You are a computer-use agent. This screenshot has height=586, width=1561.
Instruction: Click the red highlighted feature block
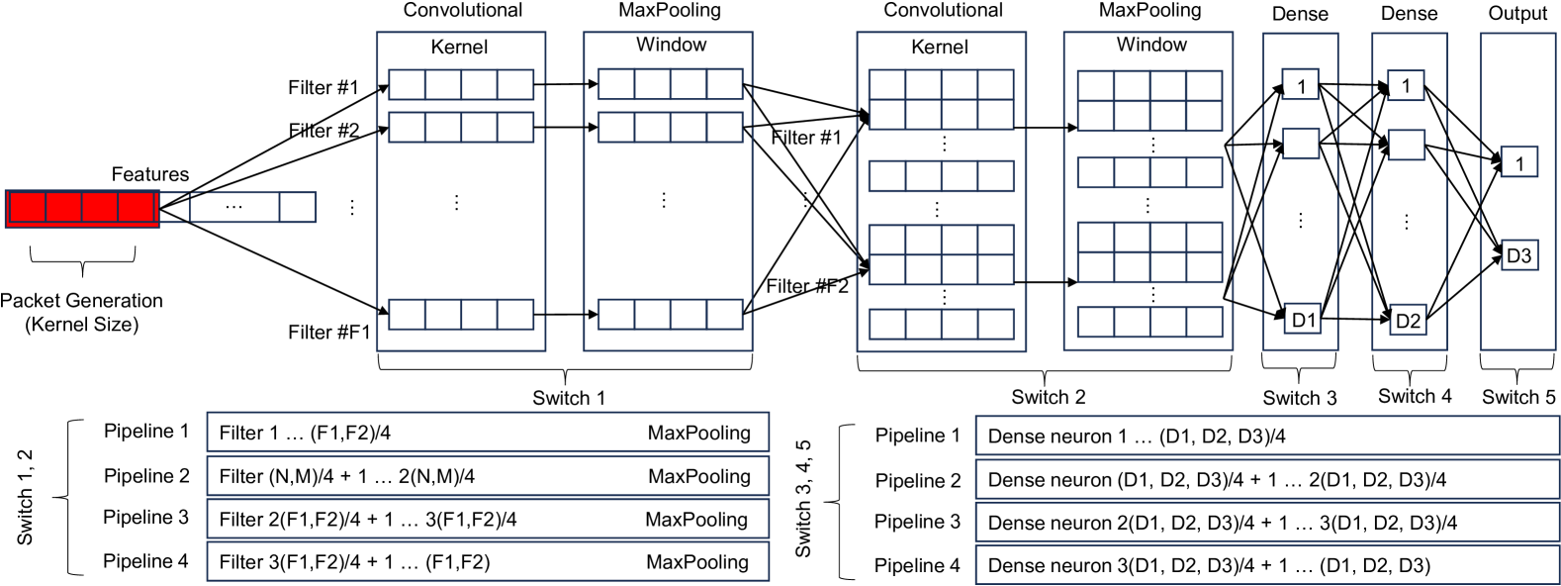[x=82, y=209]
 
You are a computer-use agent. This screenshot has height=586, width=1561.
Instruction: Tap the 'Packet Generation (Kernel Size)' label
[x=81, y=313]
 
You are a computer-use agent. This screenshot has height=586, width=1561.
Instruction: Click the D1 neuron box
[x=1302, y=320]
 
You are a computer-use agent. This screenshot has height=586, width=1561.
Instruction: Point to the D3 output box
[x=1518, y=255]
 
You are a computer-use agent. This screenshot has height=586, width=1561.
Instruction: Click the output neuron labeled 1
[x=1518, y=162]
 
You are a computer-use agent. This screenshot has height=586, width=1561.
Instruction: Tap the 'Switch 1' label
[x=569, y=398]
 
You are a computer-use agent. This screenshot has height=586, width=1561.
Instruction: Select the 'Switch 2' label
[x=1049, y=397]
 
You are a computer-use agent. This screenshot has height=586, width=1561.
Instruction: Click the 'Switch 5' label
[x=1518, y=397]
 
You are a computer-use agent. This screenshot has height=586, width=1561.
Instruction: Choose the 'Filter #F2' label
[x=807, y=286]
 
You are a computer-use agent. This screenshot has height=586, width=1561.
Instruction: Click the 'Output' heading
[x=1517, y=13]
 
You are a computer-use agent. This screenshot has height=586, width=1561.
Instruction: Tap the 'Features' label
[x=149, y=174]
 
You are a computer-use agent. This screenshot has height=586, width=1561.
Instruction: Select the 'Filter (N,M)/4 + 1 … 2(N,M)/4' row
[x=488, y=476]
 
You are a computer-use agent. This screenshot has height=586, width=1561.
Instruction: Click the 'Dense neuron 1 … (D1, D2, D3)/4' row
[x=1267, y=437]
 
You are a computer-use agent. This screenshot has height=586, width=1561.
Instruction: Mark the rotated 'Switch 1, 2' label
[x=25, y=497]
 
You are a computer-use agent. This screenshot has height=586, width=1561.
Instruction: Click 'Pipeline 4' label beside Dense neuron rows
[x=917, y=566]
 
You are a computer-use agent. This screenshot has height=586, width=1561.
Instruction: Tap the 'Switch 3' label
[x=1300, y=398]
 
